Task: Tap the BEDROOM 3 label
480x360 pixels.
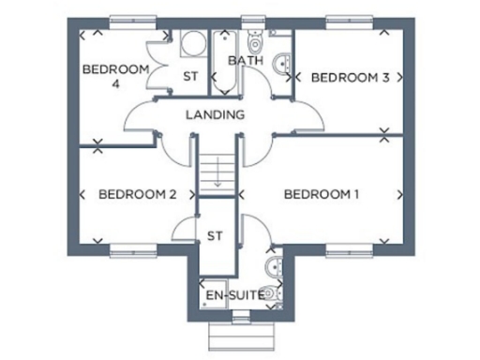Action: point(350,77)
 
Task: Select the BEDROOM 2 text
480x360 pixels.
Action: point(138,195)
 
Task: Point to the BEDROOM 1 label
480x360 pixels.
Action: point(321,195)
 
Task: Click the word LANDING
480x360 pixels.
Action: point(215,114)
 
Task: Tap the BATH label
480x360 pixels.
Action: point(246,62)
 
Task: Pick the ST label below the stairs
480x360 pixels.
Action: point(214,234)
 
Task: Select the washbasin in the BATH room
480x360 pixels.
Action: point(282,64)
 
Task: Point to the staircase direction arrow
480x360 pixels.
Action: point(216,172)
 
